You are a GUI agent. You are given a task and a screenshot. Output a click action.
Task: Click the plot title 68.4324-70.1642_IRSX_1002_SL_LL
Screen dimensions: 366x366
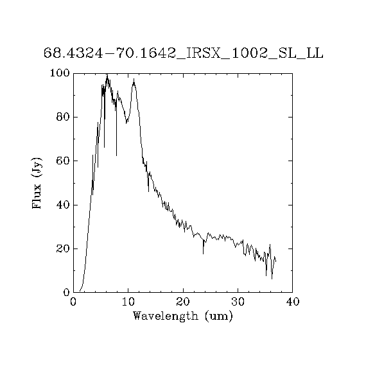[184, 53]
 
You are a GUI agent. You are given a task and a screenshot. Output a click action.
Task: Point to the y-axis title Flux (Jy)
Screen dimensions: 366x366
[37, 183]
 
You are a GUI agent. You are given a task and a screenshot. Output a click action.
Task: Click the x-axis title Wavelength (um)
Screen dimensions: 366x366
[183, 317]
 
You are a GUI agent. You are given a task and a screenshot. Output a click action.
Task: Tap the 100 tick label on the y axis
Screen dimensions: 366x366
[60, 73]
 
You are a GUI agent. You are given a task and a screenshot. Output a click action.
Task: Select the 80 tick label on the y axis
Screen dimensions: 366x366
[63, 117]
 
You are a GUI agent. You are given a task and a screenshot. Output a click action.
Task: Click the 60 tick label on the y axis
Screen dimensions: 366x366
[63, 161]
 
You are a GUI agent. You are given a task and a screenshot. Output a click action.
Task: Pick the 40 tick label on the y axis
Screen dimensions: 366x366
[63, 205]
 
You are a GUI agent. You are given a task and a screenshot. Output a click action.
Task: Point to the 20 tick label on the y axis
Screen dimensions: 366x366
[63, 249]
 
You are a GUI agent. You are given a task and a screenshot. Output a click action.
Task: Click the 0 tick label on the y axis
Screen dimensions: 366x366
[67, 292]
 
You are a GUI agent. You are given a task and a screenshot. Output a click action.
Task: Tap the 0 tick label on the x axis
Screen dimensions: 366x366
[73, 302]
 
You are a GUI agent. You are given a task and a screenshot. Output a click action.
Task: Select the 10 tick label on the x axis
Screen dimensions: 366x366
[128, 302]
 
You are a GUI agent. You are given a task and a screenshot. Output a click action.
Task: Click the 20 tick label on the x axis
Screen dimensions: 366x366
[183, 302]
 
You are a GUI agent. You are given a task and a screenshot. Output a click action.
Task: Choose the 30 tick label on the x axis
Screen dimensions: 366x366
[238, 302]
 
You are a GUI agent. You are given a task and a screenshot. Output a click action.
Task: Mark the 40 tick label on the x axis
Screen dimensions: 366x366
[293, 302]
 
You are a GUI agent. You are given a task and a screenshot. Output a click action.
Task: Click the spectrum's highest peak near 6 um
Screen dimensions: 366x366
[107, 74]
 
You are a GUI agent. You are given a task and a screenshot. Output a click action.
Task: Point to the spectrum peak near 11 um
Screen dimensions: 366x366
[134, 80]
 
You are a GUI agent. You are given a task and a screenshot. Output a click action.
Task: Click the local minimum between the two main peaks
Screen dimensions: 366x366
[126, 123]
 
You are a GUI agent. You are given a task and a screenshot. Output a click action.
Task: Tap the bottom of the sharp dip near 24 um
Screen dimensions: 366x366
[203, 254]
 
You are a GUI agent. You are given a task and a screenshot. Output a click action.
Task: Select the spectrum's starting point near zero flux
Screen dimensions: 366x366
[80, 291]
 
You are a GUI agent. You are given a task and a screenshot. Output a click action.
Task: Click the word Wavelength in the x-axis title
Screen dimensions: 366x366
[166, 316]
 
